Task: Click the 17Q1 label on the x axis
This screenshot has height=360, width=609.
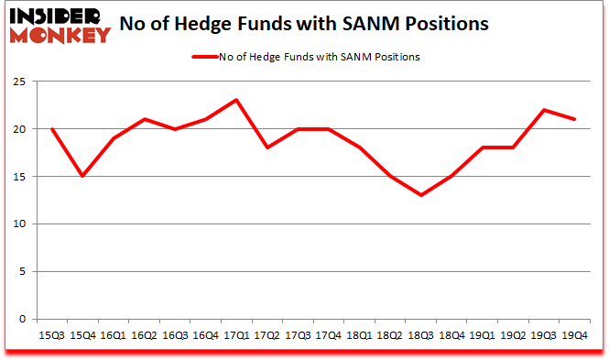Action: pyautogui.click(x=237, y=336)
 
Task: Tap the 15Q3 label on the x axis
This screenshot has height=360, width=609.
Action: pyautogui.click(x=51, y=336)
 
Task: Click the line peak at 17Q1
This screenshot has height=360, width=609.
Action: pyautogui.click(x=237, y=100)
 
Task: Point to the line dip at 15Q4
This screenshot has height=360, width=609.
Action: pyautogui.click(x=82, y=176)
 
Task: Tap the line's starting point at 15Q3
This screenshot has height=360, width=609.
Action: pyautogui.click(x=51, y=128)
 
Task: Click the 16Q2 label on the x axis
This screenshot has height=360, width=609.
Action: pyautogui.click(x=145, y=336)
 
